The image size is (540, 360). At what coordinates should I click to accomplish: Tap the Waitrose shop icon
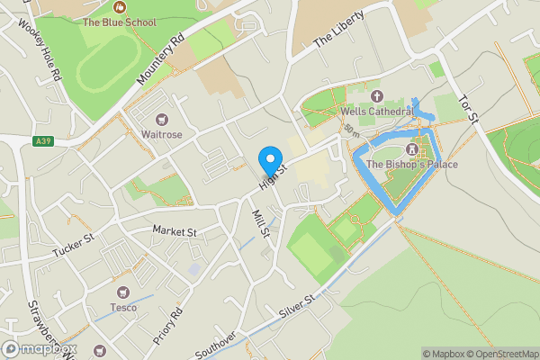click(162, 119)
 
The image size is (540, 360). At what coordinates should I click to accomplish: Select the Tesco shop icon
click(123, 292)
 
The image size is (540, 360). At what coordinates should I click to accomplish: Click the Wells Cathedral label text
click(376, 112)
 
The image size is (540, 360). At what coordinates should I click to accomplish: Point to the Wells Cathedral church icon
click(376, 95)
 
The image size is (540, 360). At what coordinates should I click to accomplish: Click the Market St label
click(174, 231)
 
